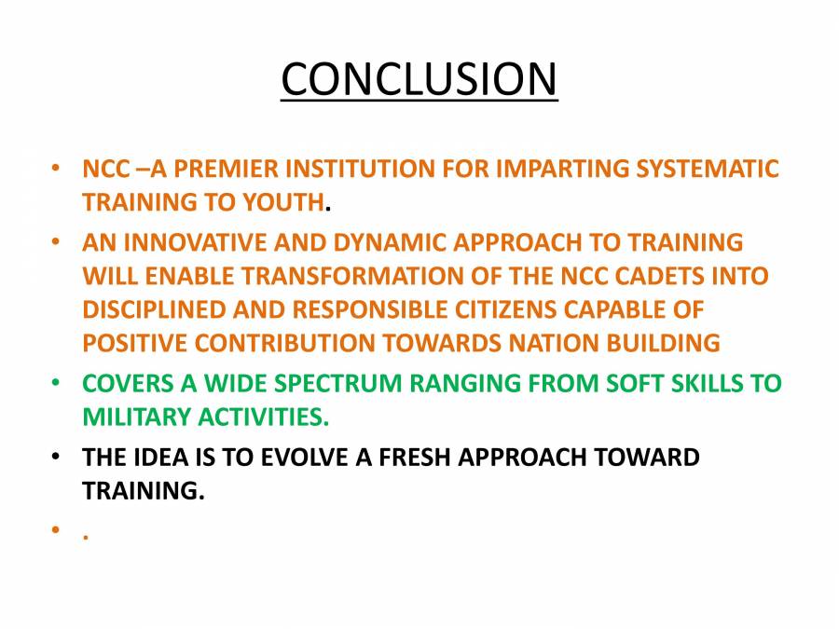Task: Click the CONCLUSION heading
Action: click(419, 79)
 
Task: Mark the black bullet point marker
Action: click(58, 458)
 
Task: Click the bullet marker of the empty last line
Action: click(58, 532)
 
